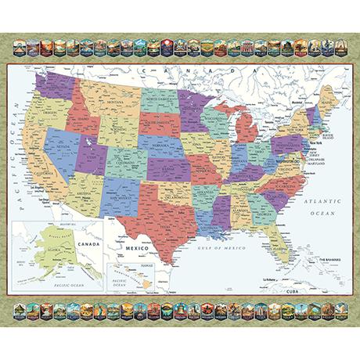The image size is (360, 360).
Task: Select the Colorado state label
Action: [121, 165]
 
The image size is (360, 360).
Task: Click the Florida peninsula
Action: [278, 247]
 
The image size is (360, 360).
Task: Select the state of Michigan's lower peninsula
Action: [247, 129]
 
